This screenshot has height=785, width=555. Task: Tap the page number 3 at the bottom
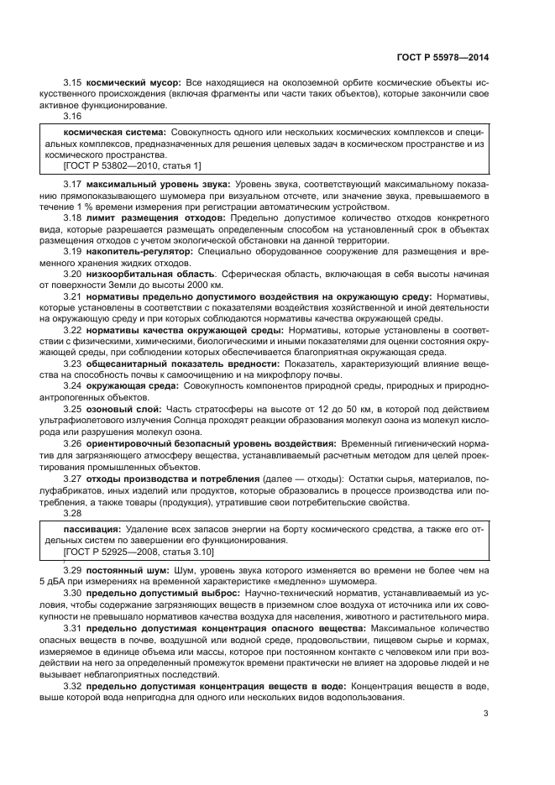[x=485, y=714]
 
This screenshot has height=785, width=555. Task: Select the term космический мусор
[x=127, y=86]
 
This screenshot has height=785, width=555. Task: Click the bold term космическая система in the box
[x=114, y=133]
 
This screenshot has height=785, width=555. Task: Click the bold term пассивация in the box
[x=92, y=530]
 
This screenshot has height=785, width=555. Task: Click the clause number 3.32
[x=74, y=687]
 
